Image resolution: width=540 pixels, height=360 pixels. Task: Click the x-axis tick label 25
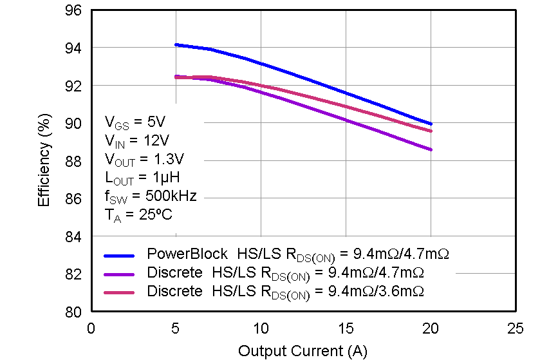click(516, 328)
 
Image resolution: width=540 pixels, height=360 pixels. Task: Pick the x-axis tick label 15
click(346, 328)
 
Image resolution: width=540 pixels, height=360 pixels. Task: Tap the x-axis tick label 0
click(91, 328)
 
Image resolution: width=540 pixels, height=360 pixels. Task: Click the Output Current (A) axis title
click(303, 350)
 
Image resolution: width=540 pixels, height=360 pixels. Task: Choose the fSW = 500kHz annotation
click(151, 196)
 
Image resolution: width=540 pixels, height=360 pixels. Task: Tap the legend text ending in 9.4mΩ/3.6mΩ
click(286, 292)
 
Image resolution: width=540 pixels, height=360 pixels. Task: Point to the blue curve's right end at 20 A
click(431, 124)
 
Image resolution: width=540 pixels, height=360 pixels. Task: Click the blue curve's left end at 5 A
click(176, 45)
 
